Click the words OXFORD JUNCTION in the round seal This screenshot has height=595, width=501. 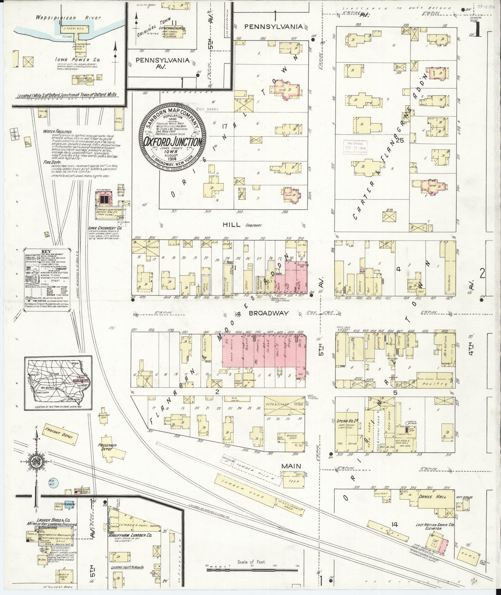click(173, 142)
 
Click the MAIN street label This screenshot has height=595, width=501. click(291, 466)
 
